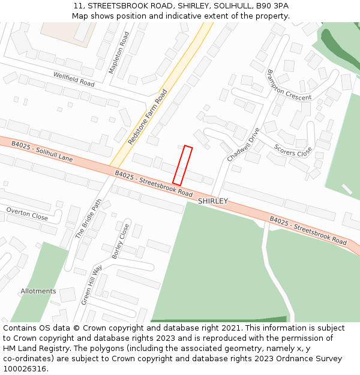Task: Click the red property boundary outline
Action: (182, 165)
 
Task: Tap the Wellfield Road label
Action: (74, 79)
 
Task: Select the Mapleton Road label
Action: (119, 53)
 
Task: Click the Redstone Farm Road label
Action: (148, 117)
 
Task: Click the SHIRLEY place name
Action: (213, 201)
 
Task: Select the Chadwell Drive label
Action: (244, 145)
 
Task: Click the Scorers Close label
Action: (293, 150)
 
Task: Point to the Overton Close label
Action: (26, 214)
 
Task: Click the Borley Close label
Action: (121, 241)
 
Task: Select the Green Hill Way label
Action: (92, 284)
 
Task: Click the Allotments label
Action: (38, 291)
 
